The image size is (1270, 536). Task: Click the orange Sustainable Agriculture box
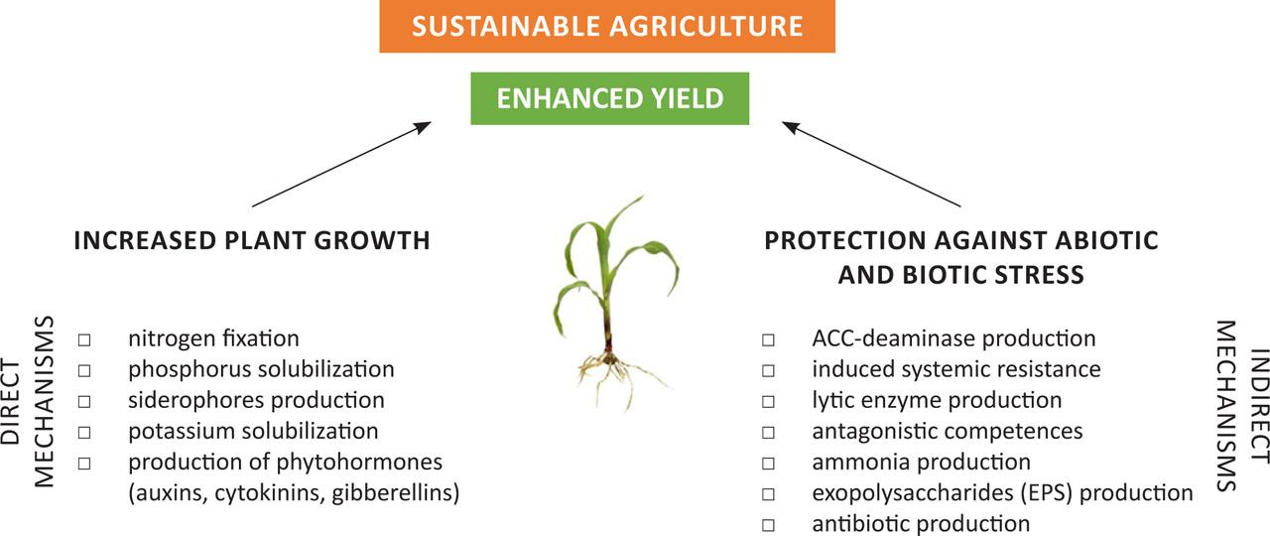coord(607,26)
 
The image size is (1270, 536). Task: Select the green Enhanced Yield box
coord(609,98)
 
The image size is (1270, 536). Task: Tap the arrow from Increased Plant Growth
coord(341,164)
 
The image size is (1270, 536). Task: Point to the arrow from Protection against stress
coord(871,164)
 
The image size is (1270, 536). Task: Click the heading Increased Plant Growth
coord(252,240)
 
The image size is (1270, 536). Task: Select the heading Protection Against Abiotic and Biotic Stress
coord(960,256)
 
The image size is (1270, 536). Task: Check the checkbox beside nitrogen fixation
coord(84,339)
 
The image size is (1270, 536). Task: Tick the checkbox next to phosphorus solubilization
coord(84,370)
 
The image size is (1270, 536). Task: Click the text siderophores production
coord(256,400)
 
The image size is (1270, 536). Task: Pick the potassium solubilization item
coord(252,431)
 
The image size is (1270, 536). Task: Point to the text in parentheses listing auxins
coord(294,492)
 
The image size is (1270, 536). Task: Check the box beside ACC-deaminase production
coord(769,339)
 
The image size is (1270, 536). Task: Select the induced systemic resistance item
coord(955,369)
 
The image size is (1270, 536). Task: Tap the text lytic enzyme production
coord(936,400)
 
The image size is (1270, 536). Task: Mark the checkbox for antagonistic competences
coord(769,432)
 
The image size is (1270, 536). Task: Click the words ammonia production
coord(921,462)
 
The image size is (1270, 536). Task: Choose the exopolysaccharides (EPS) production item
coord(1001,492)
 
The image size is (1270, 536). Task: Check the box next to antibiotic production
coord(769,523)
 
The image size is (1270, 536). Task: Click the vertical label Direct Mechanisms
coord(30,401)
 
